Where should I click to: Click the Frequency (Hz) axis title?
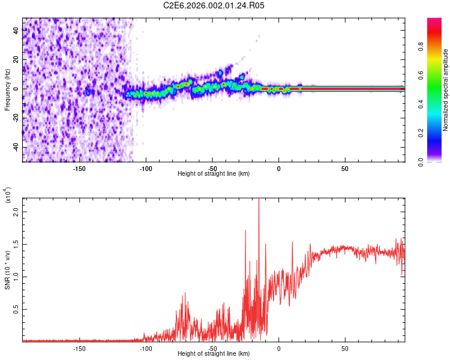click(x=7, y=90)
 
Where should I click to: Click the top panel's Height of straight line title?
click(x=214, y=173)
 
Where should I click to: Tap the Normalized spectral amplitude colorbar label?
click(x=446, y=90)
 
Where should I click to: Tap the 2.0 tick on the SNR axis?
click(x=16, y=212)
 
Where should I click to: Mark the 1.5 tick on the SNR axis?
click(x=16, y=244)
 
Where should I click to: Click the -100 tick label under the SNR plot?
click(x=145, y=348)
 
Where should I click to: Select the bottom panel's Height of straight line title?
click(x=214, y=354)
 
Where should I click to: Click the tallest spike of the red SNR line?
click(x=259, y=202)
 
